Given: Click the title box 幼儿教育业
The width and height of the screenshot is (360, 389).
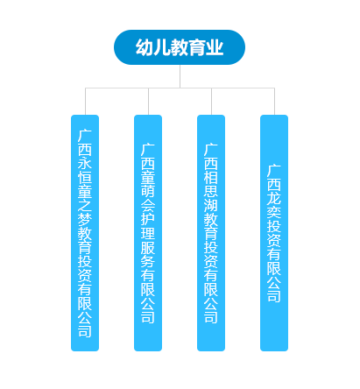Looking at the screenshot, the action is coord(180,47).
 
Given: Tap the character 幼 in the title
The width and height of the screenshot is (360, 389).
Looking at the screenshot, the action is coord(144,47).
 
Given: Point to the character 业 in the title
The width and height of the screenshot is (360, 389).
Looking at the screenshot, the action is coord(215,47).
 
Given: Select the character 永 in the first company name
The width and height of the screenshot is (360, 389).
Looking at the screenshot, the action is coord(85,164).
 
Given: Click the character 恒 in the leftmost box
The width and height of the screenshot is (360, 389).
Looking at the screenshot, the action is coord(85,178).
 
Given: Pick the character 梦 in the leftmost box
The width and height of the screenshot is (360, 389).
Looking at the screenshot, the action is coord(85,220).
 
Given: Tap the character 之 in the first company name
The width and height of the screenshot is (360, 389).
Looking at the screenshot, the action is coord(85,206).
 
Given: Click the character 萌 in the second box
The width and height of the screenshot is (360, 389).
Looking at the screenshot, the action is coord(148,191).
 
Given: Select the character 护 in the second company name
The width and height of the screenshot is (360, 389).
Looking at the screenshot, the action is coord(148,219).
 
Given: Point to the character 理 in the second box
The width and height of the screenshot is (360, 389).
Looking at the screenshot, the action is coord(148,233).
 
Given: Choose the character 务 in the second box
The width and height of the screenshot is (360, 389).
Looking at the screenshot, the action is coord(148,261).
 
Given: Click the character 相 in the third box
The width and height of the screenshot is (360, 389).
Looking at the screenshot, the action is coord(211,177).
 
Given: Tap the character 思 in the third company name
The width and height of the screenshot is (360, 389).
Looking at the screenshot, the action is coord(211,191).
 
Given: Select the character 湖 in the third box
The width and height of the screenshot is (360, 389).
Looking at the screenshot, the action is coord(211,205).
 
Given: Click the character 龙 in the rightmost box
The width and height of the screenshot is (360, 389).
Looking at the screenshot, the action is coord(274,199).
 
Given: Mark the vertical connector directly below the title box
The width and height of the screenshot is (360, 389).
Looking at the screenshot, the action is coord(180,76).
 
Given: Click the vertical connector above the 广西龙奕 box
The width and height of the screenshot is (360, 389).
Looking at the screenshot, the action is coord(274,102).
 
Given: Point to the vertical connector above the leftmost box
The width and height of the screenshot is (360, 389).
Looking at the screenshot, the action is coord(85,102).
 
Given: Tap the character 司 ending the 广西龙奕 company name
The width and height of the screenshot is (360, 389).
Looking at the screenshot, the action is coord(274,296).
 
